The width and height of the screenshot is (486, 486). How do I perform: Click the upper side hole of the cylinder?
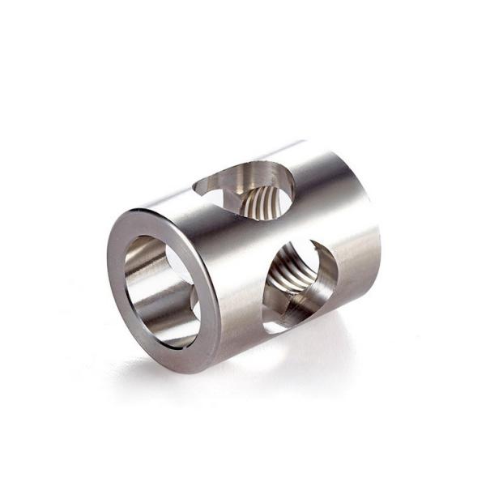pos(246,190)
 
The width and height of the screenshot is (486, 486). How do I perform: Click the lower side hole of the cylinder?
pos(300,283)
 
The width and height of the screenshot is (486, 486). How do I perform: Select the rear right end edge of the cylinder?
pos(373,235)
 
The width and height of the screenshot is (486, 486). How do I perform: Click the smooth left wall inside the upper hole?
pos(223,194)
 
